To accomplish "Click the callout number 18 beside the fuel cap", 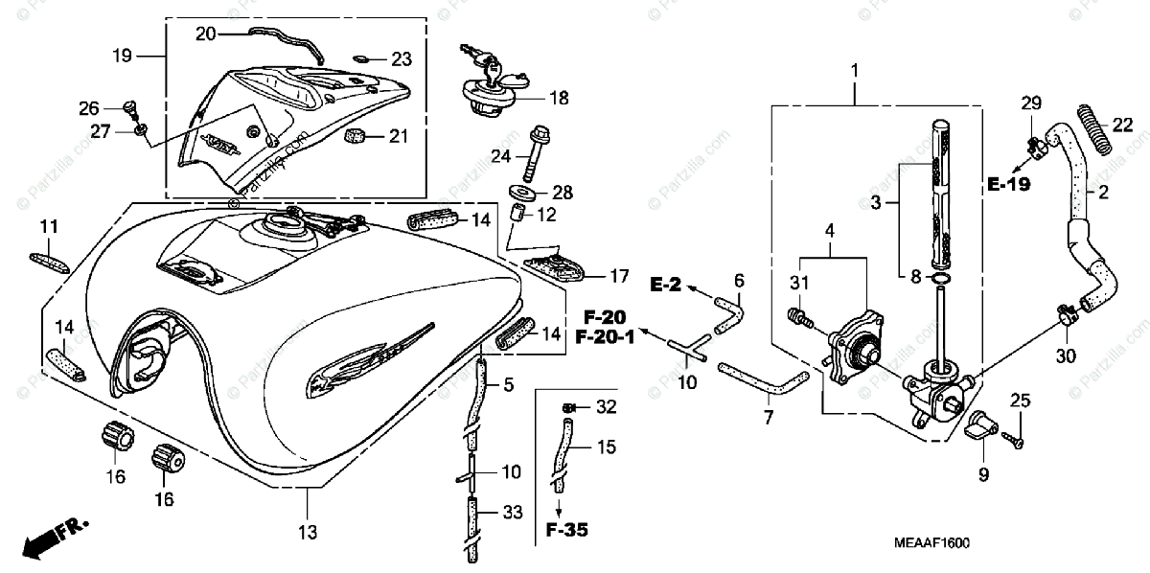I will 558,98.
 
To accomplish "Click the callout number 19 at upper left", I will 122,57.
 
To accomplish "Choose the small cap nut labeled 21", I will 356,135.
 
